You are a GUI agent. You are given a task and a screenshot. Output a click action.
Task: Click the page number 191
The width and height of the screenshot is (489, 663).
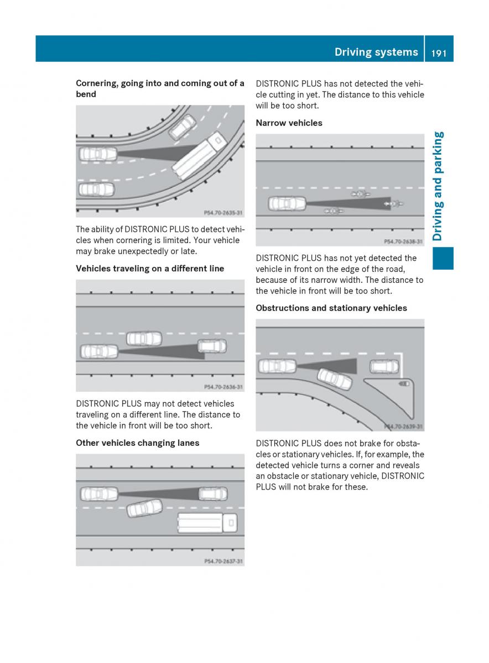[x=439, y=52]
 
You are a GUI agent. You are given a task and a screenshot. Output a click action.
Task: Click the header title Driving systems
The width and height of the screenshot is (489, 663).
[x=376, y=52]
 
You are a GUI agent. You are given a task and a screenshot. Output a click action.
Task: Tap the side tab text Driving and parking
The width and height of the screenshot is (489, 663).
[x=438, y=186]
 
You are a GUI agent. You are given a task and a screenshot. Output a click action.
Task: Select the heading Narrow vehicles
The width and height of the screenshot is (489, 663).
[x=289, y=123]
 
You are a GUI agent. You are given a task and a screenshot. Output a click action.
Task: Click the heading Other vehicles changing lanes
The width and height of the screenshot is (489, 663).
[x=137, y=443]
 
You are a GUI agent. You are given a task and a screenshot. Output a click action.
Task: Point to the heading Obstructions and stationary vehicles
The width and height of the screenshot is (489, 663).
[x=331, y=308]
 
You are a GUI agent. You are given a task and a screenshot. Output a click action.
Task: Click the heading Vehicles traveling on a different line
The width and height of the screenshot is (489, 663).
[x=150, y=269]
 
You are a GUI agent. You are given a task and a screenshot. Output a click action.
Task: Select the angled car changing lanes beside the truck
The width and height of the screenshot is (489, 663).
[x=144, y=507]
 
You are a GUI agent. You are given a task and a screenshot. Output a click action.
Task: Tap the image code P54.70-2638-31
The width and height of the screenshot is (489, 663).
[x=403, y=241]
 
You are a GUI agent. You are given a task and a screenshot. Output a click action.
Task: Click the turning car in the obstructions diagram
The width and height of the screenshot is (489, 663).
[x=334, y=378]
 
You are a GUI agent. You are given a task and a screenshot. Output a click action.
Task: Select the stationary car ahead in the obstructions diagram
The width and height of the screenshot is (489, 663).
[x=384, y=366]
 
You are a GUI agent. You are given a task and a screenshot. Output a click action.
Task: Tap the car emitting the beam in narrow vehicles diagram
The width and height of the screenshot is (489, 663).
[x=287, y=203]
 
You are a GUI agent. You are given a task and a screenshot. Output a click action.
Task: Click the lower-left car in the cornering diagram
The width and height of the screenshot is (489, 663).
[x=96, y=190]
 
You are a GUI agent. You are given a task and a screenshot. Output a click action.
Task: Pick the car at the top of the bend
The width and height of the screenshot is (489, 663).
[x=182, y=127]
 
